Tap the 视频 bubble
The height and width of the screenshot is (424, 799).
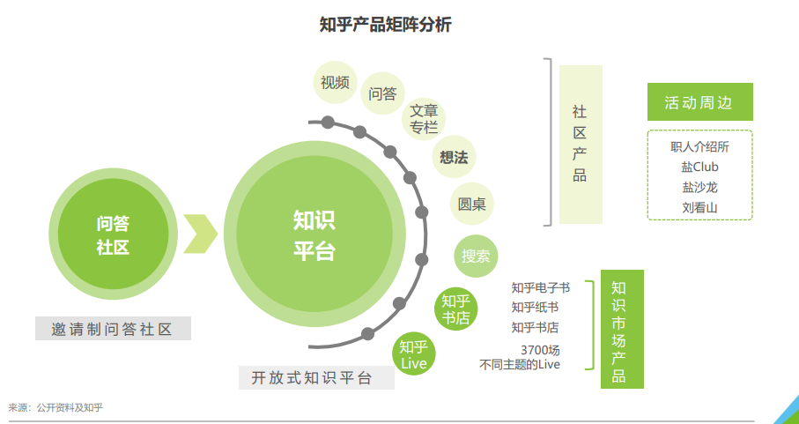tap(335, 83)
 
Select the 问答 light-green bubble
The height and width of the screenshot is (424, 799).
tap(382, 93)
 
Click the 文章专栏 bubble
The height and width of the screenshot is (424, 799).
tap(424, 119)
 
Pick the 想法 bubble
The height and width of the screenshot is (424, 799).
tap(454, 158)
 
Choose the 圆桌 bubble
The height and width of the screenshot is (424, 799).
tap(471, 205)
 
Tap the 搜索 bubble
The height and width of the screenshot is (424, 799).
tap(476, 257)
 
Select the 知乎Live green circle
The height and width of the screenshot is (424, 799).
tap(413, 353)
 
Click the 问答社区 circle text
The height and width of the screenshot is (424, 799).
tap(112, 235)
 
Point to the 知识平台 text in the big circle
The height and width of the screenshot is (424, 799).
tap(314, 235)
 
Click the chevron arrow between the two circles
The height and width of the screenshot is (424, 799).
tap(200, 234)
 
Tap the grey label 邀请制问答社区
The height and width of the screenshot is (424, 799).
tap(113, 329)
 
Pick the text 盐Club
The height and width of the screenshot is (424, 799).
tap(699, 167)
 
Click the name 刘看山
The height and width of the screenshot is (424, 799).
tap(699, 208)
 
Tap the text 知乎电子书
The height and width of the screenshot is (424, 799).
tap(540, 287)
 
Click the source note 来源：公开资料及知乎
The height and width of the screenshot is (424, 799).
tap(55, 407)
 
